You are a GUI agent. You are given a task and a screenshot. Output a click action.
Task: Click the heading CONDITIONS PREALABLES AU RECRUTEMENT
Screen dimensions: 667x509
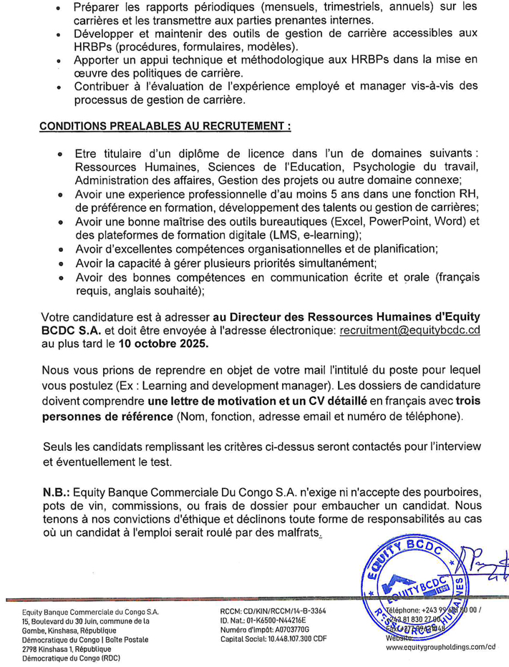click(145, 126)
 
